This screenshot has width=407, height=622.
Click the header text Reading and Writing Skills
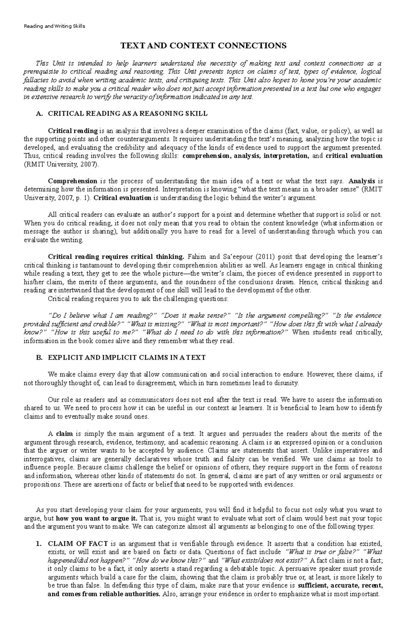pyautogui.click(x=54, y=26)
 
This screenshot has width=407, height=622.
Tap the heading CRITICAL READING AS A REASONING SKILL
pyautogui.click(x=128, y=114)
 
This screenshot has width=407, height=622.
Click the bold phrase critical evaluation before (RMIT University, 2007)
pyautogui.click(x=354, y=156)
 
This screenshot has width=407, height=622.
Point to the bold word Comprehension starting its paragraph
pyautogui.click(x=73, y=181)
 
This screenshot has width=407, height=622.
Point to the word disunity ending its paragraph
pyautogui.click(x=288, y=383)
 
